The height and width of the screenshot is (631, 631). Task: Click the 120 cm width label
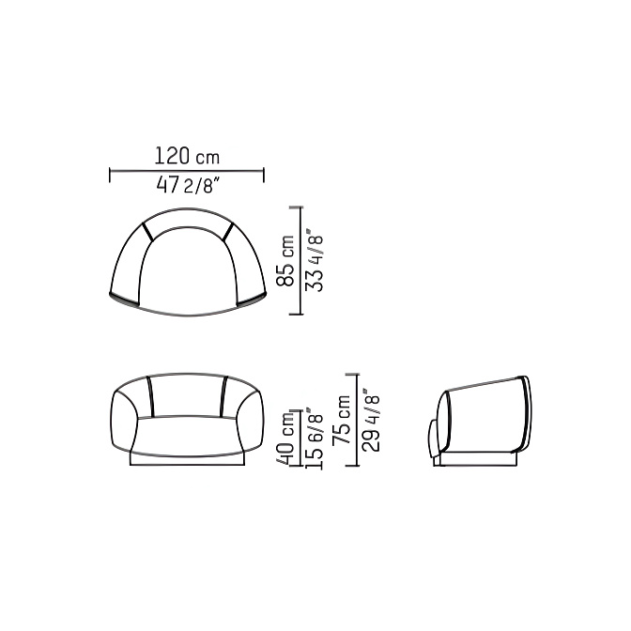(x=187, y=156)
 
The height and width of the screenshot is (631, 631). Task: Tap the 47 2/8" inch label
(x=189, y=186)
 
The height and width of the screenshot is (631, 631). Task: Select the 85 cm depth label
(x=285, y=261)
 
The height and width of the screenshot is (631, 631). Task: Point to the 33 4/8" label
(x=315, y=260)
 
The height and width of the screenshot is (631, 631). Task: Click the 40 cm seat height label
(x=287, y=438)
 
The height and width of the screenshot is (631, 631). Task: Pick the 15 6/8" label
(x=314, y=439)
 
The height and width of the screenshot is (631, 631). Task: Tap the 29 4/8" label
(x=371, y=420)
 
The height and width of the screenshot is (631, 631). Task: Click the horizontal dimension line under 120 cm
(x=187, y=171)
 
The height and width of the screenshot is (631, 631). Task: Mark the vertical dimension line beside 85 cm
(x=300, y=260)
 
